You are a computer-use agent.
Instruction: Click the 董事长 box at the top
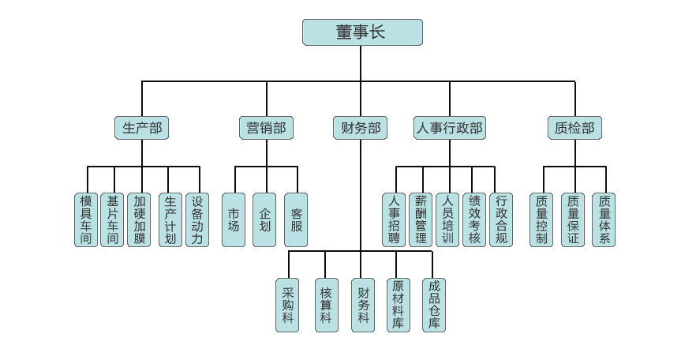362,32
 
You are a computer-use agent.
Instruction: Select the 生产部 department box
142,128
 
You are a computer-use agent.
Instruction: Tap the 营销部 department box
266,128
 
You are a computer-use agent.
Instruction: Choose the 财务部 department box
361,128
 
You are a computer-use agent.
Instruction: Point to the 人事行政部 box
449,128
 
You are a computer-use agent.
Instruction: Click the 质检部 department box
574,128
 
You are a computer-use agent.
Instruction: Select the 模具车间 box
86,219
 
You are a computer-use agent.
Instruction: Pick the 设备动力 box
197,219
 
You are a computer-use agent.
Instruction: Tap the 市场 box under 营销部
234,219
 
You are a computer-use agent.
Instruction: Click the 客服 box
296,219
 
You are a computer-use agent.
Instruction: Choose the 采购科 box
287,305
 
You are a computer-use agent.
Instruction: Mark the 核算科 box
326,305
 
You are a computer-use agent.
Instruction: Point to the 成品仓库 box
434,305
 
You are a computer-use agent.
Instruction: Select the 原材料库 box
399,305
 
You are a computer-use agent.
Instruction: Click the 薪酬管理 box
421,219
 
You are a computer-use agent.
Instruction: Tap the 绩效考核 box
473,219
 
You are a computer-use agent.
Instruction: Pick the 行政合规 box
501,219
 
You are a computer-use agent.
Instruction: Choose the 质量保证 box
573,219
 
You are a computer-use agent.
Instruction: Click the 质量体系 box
604,219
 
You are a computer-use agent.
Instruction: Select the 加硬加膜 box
139,219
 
